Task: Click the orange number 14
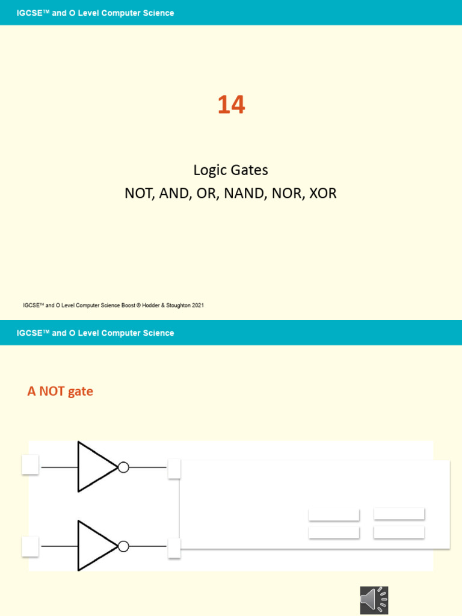point(231,105)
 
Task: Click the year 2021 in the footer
point(196,306)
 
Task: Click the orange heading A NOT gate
point(60,392)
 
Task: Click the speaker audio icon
point(374,600)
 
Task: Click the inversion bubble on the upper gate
point(123,467)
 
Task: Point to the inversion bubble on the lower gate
point(123,546)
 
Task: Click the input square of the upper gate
point(30,465)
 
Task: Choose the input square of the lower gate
point(30,546)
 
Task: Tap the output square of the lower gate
point(174,548)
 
